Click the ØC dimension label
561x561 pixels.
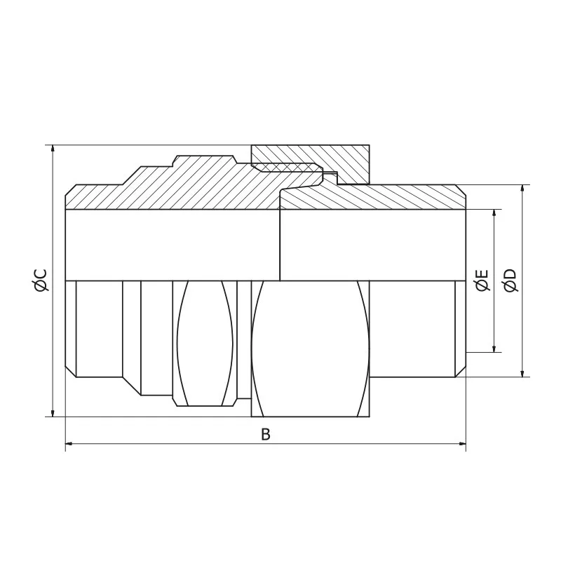[x=40, y=280]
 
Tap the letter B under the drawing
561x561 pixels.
[x=266, y=435]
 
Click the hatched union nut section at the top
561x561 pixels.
[x=330, y=157]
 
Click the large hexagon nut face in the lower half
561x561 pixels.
[x=309, y=347]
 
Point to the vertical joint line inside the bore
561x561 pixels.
[x=280, y=245]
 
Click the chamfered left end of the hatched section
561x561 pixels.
[x=70, y=196]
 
